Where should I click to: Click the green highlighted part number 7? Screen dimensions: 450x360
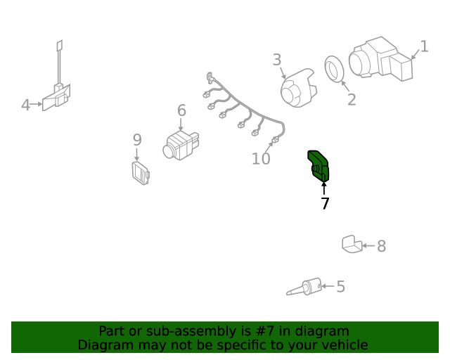319,166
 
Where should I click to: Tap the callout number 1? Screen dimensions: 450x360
425,46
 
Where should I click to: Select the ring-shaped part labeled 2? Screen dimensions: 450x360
334,69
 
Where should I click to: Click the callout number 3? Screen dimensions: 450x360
276,60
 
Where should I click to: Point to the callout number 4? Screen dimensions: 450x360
25,105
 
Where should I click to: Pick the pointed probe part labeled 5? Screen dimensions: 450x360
304,287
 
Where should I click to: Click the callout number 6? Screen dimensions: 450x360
181,110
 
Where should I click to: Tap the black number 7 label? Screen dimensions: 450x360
325,203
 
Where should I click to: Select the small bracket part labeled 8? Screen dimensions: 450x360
352,244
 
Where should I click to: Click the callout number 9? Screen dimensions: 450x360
137,140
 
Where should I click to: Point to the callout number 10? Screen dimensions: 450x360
261,158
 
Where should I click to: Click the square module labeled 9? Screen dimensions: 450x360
141,174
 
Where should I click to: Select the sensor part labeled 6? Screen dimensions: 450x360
181,146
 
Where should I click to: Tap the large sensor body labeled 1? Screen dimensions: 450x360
381,59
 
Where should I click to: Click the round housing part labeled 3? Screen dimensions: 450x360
298,88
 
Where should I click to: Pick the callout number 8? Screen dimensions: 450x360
381,246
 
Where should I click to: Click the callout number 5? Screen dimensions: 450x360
340,286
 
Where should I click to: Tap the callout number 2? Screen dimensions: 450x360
352,100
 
